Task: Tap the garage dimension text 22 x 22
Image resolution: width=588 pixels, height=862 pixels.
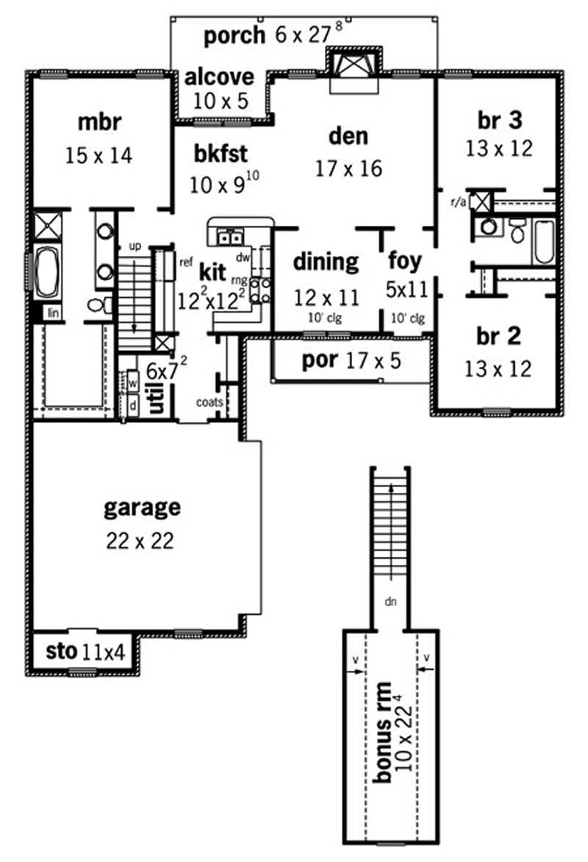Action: pyautogui.click(x=140, y=542)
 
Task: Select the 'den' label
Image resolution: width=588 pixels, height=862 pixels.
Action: pyautogui.click(x=348, y=137)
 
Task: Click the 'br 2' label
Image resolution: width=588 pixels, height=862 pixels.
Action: pyautogui.click(x=498, y=336)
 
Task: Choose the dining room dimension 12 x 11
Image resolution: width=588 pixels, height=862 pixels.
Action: pyautogui.click(x=326, y=297)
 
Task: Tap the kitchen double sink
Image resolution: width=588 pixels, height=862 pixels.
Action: pyautogui.click(x=232, y=237)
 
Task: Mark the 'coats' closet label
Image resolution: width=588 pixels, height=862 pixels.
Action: pyautogui.click(x=209, y=402)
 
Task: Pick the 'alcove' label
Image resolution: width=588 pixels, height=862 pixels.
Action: pyautogui.click(x=219, y=76)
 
